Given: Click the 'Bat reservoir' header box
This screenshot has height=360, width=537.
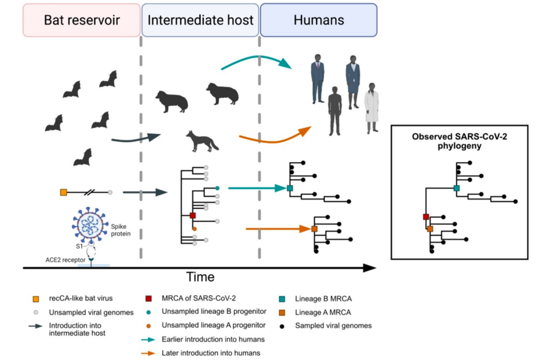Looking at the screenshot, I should [82, 20].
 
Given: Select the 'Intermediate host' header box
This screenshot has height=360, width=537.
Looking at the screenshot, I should [201, 20].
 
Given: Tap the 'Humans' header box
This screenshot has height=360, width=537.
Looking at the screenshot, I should [318, 20].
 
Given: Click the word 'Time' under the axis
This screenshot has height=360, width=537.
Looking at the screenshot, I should [200, 277].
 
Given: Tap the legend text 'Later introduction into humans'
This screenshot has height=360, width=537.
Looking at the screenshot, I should [211, 352].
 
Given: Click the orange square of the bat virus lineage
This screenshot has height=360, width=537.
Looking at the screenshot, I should [63, 191].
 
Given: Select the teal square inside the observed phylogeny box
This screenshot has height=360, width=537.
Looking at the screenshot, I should [457, 188].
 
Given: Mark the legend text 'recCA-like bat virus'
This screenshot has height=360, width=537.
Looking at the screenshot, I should [82, 299].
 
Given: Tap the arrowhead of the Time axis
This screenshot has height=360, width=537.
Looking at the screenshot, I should [370, 268].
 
